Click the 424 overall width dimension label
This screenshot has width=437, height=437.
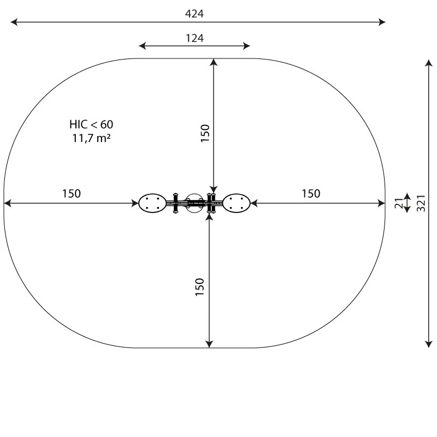tap(194, 14)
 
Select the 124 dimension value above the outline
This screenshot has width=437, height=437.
tap(194, 38)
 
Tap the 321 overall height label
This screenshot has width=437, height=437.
tap(421, 203)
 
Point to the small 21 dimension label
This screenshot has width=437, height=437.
tap(399, 203)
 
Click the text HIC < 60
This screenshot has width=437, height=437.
tap(91, 125)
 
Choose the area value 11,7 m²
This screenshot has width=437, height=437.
tap(91, 138)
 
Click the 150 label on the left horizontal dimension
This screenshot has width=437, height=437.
tap(72, 194)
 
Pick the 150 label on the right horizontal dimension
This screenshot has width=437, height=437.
tap(311, 194)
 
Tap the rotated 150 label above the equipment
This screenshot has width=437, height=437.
tap(205, 133)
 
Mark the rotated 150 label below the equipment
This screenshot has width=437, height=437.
tap(200, 287)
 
